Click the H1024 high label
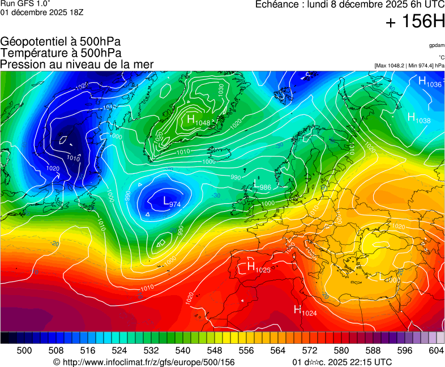coord(305,310)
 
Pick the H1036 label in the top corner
coord(430,82)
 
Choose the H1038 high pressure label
coord(419,117)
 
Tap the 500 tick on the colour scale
coord(24,351)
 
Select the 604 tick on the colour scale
coord(436,351)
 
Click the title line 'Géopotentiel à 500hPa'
coord(61,42)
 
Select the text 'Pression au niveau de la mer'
coord(77,65)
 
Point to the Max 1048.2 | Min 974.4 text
coord(409,66)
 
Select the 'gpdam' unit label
coord(436,45)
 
